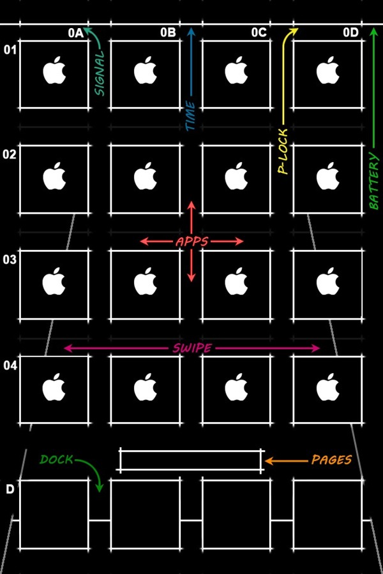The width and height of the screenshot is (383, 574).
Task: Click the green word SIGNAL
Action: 100,73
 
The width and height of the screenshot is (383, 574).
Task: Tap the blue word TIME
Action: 191,115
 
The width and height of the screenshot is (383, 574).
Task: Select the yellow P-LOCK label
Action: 283,151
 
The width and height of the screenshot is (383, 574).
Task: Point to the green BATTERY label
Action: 373,181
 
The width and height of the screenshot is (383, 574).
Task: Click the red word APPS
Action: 191,242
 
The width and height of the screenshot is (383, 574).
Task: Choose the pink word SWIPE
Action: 192,348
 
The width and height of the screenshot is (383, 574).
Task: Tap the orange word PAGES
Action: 331,460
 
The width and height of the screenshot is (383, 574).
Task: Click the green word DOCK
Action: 56,459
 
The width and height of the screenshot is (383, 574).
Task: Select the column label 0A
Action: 76,33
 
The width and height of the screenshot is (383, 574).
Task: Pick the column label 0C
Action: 259,33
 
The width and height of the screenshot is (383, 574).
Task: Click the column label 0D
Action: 350,33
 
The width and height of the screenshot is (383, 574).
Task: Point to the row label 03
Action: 10,260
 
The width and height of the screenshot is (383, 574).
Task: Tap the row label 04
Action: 10,365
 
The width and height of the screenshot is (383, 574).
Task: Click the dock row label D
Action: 10,489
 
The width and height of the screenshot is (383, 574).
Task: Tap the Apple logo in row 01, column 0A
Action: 54,70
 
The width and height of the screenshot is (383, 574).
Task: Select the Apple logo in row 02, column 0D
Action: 327,176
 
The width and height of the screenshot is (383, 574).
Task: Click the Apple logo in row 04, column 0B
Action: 145,387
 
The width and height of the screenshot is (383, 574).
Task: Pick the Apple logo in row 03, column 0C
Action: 236,281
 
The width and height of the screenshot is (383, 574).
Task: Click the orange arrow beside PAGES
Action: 286,461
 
